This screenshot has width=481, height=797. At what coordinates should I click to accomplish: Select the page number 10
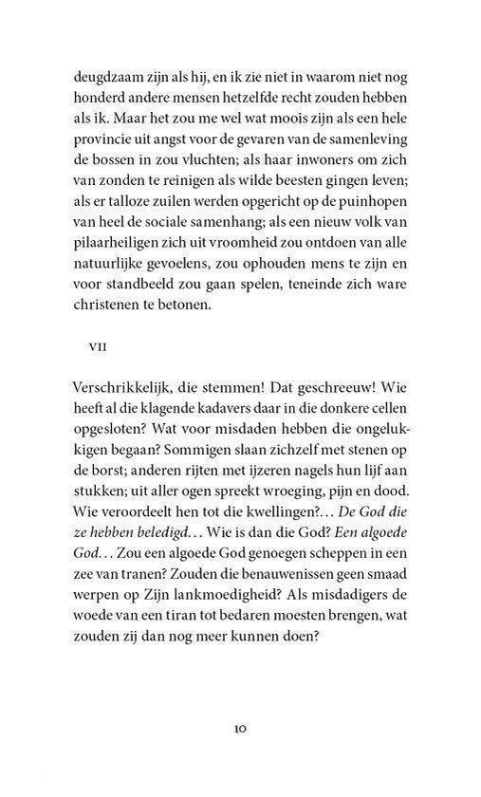pos(240,754)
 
